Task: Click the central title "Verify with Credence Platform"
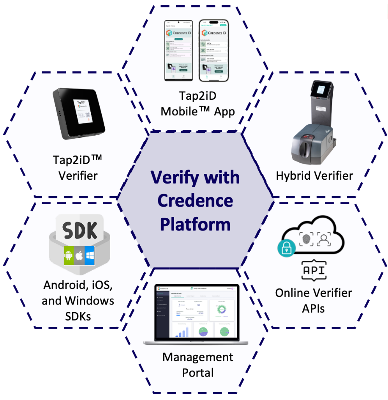pyautogui.click(x=195, y=201)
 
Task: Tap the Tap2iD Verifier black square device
pyautogui.click(x=80, y=113)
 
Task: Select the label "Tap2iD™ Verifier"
pyautogui.click(x=78, y=168)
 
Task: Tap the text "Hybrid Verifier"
pyautogui.click(x=314, y=175)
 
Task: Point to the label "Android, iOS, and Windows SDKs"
pyautogui.click(x=78, y=301)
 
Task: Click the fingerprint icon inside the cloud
pyautogui.click(x=306, y=239)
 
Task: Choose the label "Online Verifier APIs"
pyautogui.click(x=314, y=301)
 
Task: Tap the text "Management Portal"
pyautogui.click(x=198, y=365)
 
